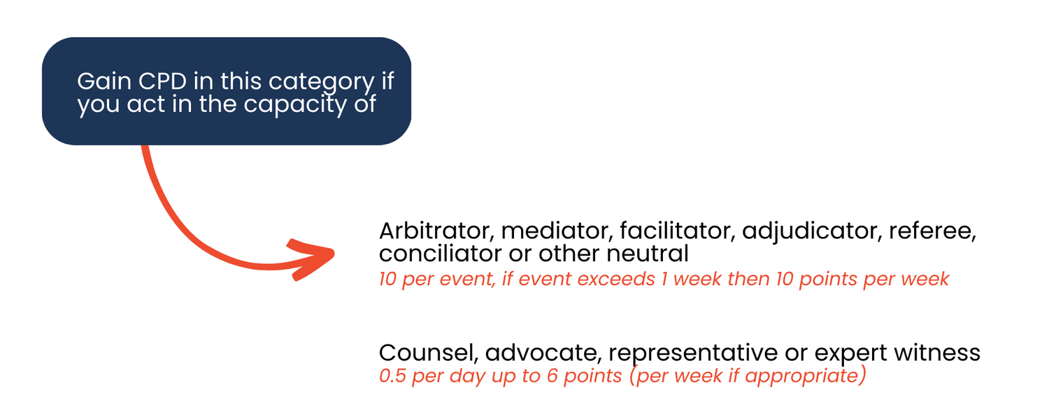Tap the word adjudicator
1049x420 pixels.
pos(806,231)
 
